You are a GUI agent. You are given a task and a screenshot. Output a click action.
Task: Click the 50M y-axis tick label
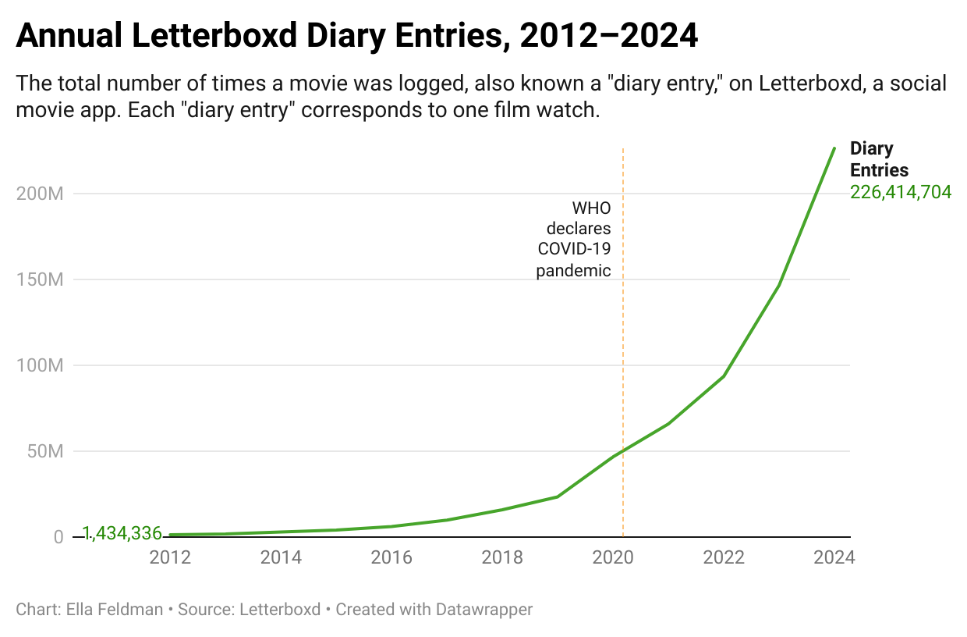pyautogui.click(x=44, y=451)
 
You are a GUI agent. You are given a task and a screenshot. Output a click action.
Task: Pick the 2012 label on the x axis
pyautogui.click(x=169, y=557)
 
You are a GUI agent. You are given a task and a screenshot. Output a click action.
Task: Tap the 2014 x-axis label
pyautogui.click(x=281, y=557)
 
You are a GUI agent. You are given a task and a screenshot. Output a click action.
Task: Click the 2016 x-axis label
pyautogui.click(x=391, y=557)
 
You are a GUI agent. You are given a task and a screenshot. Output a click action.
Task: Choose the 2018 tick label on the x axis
pyautogui.click(x=502, y=557)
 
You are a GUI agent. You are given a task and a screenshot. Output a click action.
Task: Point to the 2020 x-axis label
pyautogui.click(x=613, y=557)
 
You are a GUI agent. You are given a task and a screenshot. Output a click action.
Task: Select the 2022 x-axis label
pyautogui.click(x=724, y=557)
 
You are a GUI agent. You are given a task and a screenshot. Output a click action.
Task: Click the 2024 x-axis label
pyautogui.click(x=834, y=557)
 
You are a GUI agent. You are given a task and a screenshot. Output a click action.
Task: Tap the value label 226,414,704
pyautogui.click(x=901, y=192)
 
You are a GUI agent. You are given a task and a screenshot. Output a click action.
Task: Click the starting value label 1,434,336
pyautogui.click(x=122, y=534)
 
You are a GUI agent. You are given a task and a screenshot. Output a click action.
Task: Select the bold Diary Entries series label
pyautogui.click(x=879, y=159)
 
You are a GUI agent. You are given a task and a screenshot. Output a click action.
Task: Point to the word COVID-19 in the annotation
pyautogui.click(x=574, y=250)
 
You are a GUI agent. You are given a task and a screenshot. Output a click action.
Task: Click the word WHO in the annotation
pyautogui.click(x=591, y=208)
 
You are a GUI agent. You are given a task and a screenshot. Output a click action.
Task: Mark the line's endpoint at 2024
pyautogui.click(x=834, y=148)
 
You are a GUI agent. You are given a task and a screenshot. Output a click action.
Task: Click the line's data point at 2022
pyautogui.click(x=724, y=376)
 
